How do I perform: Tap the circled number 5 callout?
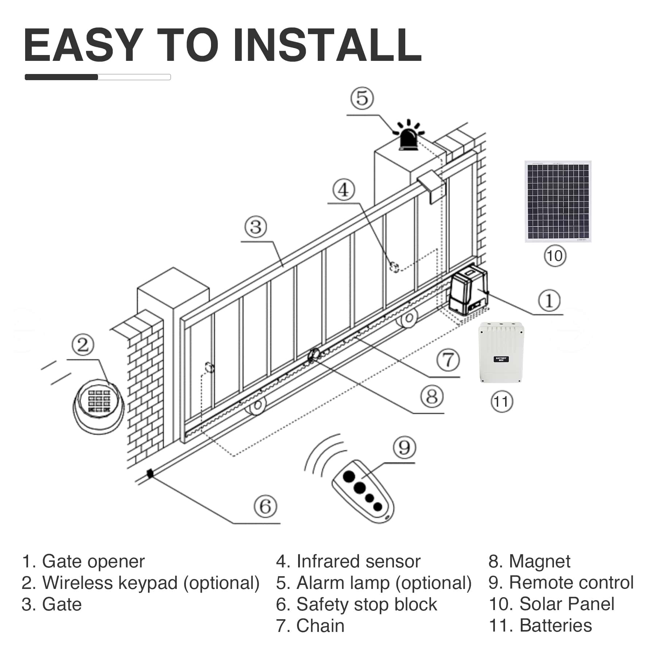(x=362, y=98)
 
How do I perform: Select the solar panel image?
(x=558, y=201)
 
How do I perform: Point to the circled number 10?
(x=555, y=256)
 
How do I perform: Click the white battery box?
(x=501, y=352)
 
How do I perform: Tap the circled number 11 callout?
(x=501, y=402)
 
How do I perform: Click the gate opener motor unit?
(x=468, y=290)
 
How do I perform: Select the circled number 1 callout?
(x=549, y=300)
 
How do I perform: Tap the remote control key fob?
(x=363, y=492)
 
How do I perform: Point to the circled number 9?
(x=404, y=448)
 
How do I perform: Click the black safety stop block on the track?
(x=150, y=474)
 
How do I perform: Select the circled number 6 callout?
(x=265, y=506)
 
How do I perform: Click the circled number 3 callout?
(x=255, y=227)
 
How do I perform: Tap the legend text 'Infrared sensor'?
(x=358, y=561)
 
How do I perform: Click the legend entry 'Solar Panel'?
(x=566, y=604)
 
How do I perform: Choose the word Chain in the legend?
(x=320, y=625)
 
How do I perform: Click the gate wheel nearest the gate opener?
(x=408, y=318)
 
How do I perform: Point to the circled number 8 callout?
(x=432, y=397)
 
